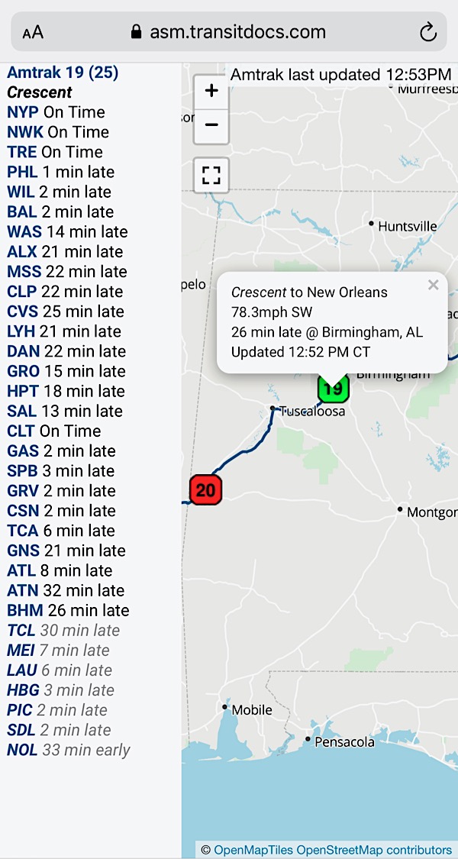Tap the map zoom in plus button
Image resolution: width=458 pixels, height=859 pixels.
click(211, 92)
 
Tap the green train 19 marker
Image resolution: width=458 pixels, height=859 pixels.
click(333, 389)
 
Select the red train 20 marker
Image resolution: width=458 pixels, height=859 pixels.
click(205, 489)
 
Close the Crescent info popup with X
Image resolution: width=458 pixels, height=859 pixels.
click(433, 285)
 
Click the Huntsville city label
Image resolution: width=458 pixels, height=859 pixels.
click(408, 226)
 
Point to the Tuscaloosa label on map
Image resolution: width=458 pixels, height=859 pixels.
click(312, 411)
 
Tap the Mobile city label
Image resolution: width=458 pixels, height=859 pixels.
click(251, 709)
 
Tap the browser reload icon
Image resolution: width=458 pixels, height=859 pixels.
click(427, 32)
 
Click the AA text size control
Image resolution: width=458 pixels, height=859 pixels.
click(33, 32)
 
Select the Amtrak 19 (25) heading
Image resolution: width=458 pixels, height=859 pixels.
click(63, 73)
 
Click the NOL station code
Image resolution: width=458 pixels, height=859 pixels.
click(22, 750)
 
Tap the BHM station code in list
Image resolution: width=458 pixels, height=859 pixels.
click(25, 610)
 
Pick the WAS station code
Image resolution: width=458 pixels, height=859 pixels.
click(24, 231)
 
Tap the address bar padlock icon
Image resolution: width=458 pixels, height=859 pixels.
click(137, 32)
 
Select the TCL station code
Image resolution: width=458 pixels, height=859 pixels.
click(21, 630)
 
